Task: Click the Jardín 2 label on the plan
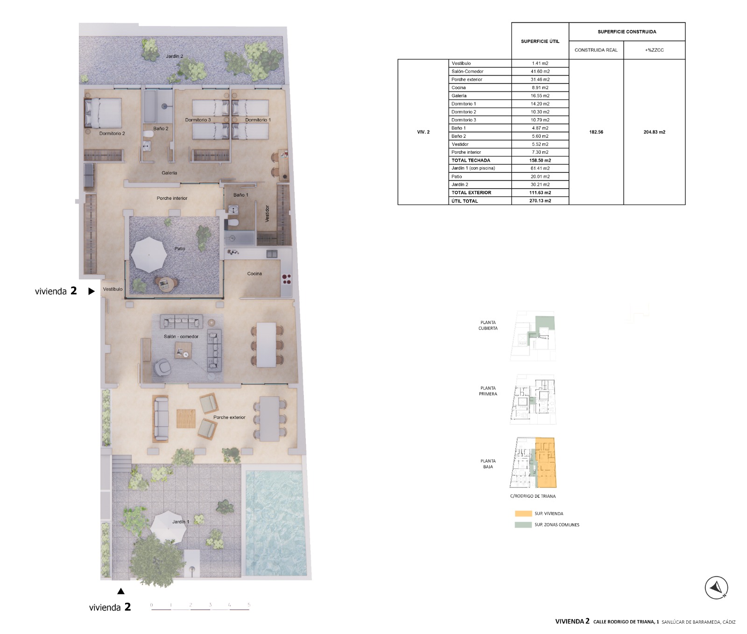pyautogui.click(x=175, y=56)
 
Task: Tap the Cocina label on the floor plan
pyautogui.click(x=254, y=274)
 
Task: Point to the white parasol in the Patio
pyautogui.click(x=149, y=255)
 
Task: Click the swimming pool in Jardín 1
pyautogui.click(x=275, y=522)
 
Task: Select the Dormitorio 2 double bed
pyautogui.click(x=103, y=113)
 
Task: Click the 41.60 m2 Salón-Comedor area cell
pyautogui.click(x=540, y=71)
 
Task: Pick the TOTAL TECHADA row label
pyautogui.click(x=471, y=160)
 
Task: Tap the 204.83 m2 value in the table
pyautogui.click(x=654, y=132)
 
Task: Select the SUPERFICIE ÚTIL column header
pyautogui.click(x=540, y=41)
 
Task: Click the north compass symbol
pyautogui.click(x=716, y=588)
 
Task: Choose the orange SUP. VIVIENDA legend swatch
pyautogui.click(x=523, y=514)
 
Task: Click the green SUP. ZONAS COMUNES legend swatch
pyautogui.click(x=523, y=525)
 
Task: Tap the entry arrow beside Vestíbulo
pyautogui.click(x=92, y=291)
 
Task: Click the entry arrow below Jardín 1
pyautogui.click(x=121, y=591)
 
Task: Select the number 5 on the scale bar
pyautogui.click(x=249, y=605)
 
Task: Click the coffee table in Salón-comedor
pyautogui.click(x=183, y=351)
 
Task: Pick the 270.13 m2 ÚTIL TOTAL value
pyautogui.click(x=540, y=201)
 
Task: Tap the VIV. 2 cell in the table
pyautogui.click(x=423, y=132)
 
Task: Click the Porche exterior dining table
pyautogui.click(x=269, y=419)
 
